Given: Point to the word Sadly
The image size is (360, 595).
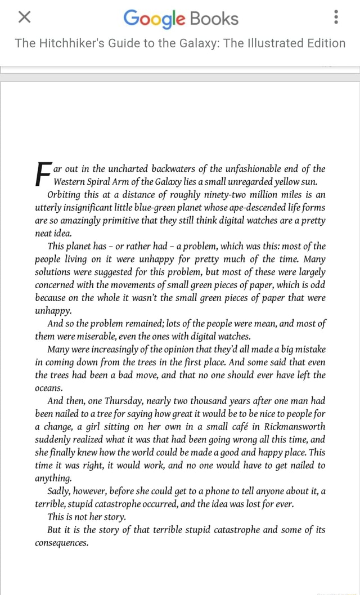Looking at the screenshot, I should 61,490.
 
